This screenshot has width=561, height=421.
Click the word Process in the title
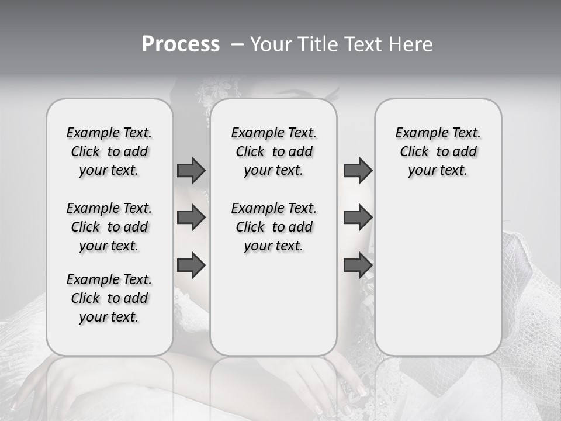[x=181, y=44]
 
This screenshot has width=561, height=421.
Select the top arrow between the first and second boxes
[x=191, y=171]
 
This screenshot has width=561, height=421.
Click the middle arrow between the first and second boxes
[x=191, y=218]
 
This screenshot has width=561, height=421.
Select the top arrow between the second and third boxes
[x=358, y=171]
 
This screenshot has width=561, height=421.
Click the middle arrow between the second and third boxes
[x=358, y=218]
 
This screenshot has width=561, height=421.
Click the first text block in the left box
[x=109, y=151]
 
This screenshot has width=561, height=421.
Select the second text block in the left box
[x=109, y=227]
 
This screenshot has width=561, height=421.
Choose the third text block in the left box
[x=109, y=298]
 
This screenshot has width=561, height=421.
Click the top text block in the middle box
[x=273, y=151]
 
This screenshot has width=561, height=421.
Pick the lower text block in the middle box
[x=273, y=227]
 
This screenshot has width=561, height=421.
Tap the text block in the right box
[x=438, y=151]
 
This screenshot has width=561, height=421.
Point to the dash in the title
[x=238, y=44]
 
